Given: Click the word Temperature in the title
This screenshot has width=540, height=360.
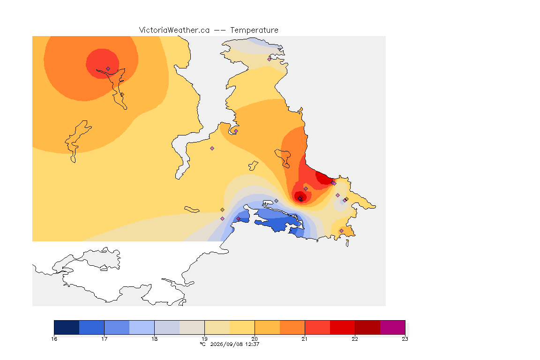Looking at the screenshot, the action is click(x=254, y=30).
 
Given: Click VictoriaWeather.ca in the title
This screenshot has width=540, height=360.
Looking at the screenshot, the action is click(x=174, y=30).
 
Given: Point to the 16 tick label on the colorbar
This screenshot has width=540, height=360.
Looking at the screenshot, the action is click(x=54, y=339).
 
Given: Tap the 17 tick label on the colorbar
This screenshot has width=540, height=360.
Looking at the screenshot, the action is click(x=105, y=339).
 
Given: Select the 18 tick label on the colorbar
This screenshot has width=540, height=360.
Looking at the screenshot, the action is click(x=154, y=339).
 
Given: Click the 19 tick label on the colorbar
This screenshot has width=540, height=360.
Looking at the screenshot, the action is click(x=204, y=339).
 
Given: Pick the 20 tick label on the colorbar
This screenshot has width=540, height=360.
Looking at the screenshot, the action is click(x=255, y=339).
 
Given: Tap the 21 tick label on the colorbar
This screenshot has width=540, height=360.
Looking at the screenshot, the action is click(x=304, y=339).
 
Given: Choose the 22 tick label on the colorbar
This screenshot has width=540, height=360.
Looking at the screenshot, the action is click(x=355, y=339).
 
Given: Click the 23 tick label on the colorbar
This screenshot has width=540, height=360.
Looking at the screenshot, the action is click(x=405, y=339).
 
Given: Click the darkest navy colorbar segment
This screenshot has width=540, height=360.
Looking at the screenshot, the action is click(x=67, y=327).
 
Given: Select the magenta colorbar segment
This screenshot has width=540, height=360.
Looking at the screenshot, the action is click(x=393, y=327).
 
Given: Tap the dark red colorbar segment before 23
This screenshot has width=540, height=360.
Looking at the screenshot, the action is click(x=367, y=327).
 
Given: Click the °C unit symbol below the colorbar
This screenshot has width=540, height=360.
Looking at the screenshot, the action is click(x=202, y=344).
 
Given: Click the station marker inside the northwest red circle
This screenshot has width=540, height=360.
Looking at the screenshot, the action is click(x=108, y=69).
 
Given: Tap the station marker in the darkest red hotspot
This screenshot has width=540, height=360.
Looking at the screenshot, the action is click(x=300, y=199).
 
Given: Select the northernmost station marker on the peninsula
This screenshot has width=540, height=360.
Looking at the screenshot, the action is click(x=270, y=59).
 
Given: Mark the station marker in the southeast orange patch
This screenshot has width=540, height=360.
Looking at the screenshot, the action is click(x=341, y=231).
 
